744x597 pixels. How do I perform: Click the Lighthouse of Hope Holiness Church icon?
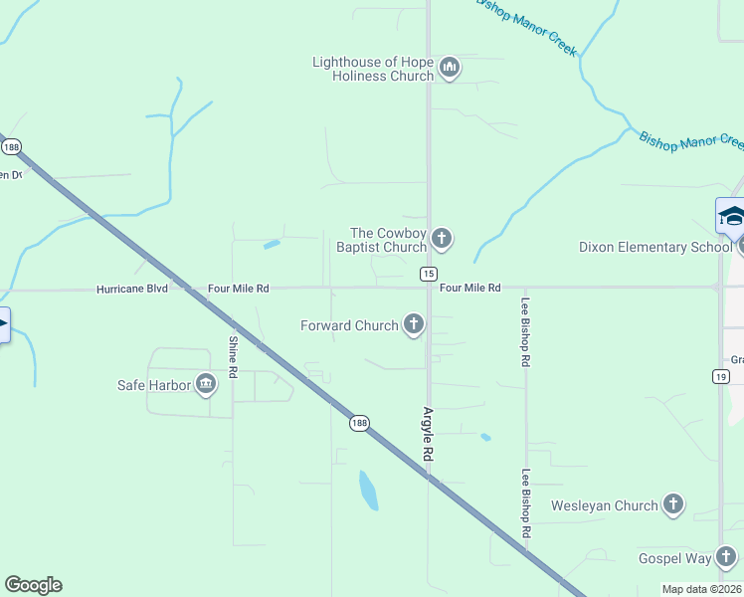(x=450, y=68)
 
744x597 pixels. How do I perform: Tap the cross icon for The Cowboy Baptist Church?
(x=442, y=239)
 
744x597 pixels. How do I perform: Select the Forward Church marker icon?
(x=414, y=324)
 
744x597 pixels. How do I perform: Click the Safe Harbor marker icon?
(x=206, y=384)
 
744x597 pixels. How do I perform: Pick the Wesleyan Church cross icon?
(x=673, y=505)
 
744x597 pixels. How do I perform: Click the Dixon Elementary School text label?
(x=654, y=247)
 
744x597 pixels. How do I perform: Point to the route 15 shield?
(x=428, y=273)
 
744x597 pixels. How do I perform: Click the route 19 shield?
(x=720, y=375)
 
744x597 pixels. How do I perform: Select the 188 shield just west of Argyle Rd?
(x=359, y=423)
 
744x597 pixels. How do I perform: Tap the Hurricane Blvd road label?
(x=132, y=289)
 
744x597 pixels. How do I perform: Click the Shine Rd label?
(x=234, y=357)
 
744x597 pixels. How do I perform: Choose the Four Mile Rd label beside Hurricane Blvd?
(x=238, y=289)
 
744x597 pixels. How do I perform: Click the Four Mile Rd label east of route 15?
(x=469, y=288)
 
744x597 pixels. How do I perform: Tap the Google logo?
(x=33, y=585)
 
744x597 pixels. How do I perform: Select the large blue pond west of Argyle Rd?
(x=368, y=490)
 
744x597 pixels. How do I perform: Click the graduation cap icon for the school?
(x=731, y=215)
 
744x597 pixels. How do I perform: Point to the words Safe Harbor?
(x=154, y=385)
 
